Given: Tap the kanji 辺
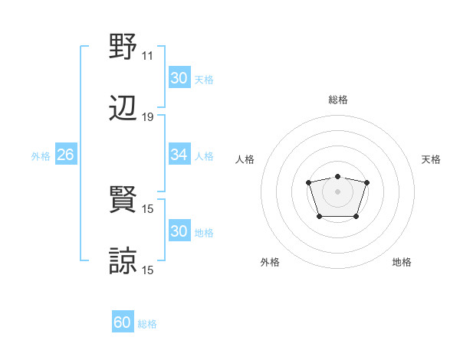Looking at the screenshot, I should [x=123, y=108].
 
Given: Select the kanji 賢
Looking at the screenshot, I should [x=123, y=200].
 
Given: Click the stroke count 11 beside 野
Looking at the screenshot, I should [x=147, y=56].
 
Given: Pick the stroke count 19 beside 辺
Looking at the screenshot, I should [x=147, y=117].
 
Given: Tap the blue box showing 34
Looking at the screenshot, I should [x=179, y=155].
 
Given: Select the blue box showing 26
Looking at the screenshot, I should [x=65, y=155].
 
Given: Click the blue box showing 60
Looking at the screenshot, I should [x=123, y=322].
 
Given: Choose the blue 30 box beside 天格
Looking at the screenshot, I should [x=179, y=78].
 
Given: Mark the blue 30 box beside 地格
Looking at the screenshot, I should [x=179, y=231].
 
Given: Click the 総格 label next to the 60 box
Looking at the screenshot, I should [x=147, y=324].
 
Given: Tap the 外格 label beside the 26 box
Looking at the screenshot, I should [x=41, y=156].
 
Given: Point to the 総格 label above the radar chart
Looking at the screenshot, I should [x=337, y=100].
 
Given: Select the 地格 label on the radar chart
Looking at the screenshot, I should [x=402, y=263].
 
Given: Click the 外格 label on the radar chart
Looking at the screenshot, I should [x=270, y=263].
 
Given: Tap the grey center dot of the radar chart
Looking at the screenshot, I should [x=337, y=191].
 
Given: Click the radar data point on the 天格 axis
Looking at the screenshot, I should [x=367, y=182].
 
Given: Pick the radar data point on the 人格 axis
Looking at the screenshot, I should [x=308, y=182].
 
